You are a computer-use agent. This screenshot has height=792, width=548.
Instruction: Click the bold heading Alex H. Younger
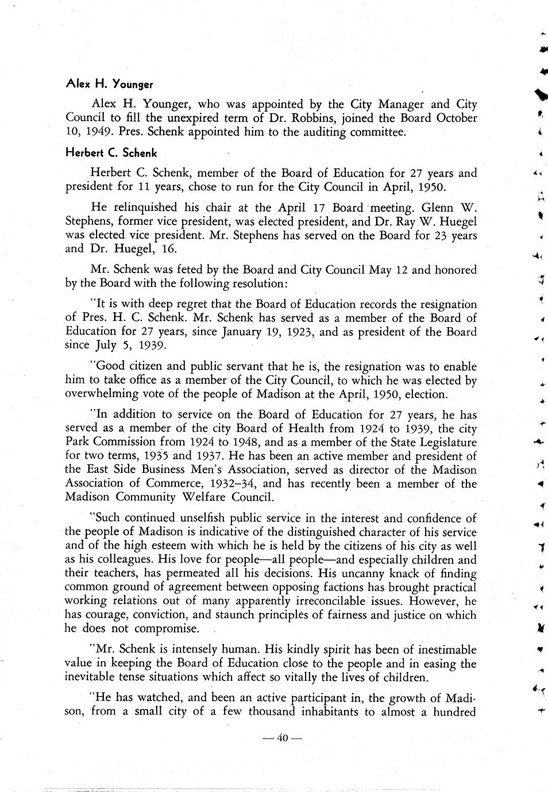(110, 84)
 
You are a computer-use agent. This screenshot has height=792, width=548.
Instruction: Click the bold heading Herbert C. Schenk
(111, 153)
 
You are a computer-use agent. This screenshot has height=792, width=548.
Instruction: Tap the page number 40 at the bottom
(281, 738)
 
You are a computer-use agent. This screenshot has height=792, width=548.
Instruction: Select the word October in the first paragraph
(457, 118)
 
